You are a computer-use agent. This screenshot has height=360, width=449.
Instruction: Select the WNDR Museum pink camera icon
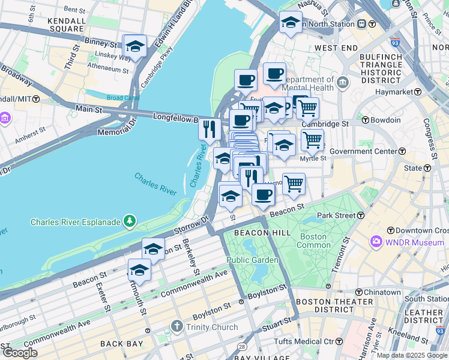point(376,242)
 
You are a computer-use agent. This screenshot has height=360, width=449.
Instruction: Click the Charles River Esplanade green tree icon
point(129,222)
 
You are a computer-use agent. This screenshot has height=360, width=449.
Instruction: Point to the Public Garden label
point(252,260)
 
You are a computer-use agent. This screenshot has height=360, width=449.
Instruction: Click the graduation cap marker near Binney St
point(135,47)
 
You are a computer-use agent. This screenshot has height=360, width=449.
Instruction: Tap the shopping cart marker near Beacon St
point(294,184)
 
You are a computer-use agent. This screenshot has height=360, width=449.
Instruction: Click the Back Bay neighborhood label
point(121,344)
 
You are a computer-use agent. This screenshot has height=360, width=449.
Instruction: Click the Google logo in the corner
point(20,353)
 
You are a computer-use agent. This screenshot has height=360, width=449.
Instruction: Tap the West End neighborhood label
point(336,47)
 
